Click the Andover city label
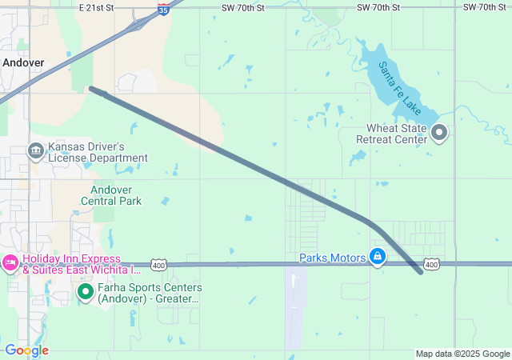[x=23, y=62]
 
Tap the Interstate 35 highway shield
[x=163, y=9]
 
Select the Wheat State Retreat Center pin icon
[x=439, y=133]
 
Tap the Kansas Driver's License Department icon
[x=35, y=150]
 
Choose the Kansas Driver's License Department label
[x=98, y=153]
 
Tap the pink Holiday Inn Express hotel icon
[x=10, y=262]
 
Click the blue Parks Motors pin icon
[x=377, y=257]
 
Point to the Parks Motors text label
[x=332, y=258]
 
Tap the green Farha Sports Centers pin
[x=86, y=293]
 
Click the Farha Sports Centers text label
[x=150, y=293]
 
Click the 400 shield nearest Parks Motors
[x=431, y=264]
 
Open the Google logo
[x=26, y=350]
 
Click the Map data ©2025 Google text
[x=462, y=354]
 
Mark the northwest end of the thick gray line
[x=91, y=89]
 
